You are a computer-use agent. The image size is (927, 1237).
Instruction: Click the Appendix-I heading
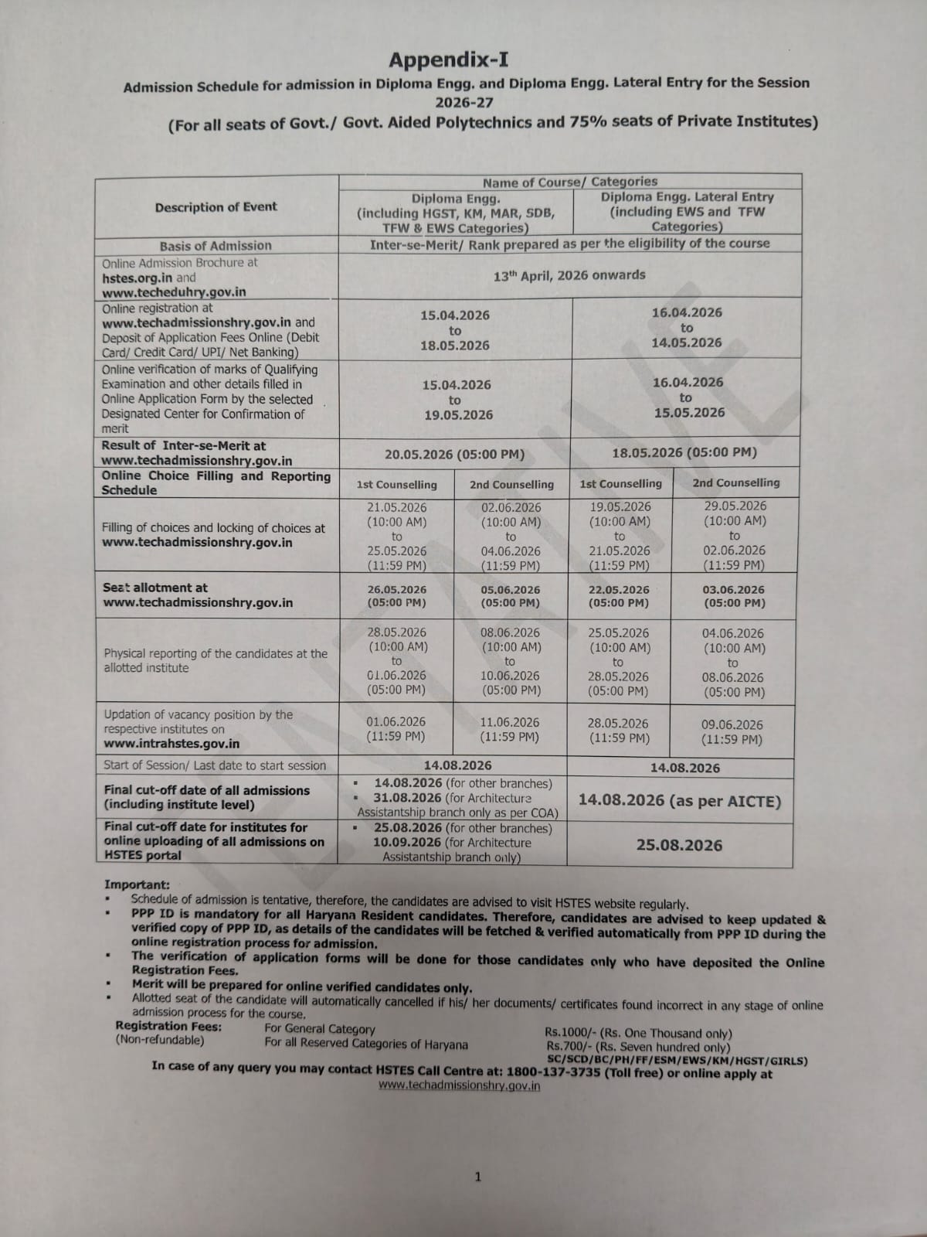point(449,60)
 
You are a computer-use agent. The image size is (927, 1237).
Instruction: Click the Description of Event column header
point(216,207)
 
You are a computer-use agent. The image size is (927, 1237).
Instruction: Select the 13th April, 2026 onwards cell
point(569,275)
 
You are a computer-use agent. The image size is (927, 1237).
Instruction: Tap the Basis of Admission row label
point(216,246)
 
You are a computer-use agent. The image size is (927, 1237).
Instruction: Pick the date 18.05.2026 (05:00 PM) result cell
point(684,453)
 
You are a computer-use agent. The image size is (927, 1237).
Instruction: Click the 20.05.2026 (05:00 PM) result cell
point(454,455)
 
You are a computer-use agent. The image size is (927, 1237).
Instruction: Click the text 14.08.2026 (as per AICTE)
point(680,801)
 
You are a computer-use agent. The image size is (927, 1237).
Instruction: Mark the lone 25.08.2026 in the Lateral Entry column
point(680,846)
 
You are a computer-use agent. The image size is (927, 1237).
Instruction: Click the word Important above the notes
point(137,885)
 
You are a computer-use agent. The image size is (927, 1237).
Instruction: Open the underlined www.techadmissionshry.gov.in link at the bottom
point(459,1086)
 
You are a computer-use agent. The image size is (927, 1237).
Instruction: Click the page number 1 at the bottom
point(477,1177)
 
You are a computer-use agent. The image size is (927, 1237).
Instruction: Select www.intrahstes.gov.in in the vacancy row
point(171,744)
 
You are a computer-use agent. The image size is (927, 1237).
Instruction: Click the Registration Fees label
point(168,1027)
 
